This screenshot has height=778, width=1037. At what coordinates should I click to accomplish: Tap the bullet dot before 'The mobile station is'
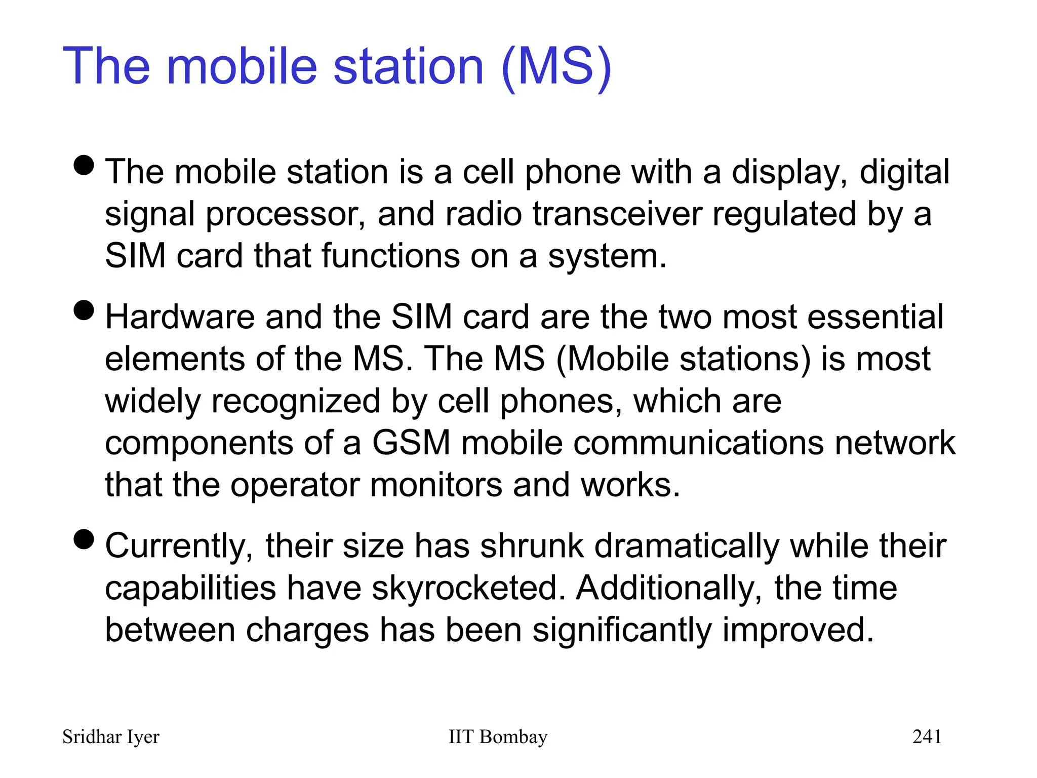pyautogui.click(x=84, y=165)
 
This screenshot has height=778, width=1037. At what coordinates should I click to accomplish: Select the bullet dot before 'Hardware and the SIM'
pyautogui.click(x=84, y=310)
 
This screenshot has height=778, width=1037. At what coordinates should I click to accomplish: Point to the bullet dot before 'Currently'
pyautogui.click(x=84, y=539)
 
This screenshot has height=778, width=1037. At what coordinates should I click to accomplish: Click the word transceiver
pyautogui.click(x=617, y=214)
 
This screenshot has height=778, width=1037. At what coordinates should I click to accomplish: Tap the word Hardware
pyautogui.click(x=180, y=318)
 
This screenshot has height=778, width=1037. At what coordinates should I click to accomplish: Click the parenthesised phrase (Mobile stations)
pyautogui.click(x=683, y=360)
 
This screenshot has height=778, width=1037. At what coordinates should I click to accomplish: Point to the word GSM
pyautogui.click(x=411, y=443)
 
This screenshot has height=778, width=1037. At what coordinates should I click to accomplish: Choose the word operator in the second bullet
pyautogui.click(x=295, y=486)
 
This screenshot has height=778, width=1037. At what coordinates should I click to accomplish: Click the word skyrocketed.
pyautogui.click(x=468, y=589)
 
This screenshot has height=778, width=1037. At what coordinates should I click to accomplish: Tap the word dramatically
pyautogui.click(x=687, y=547)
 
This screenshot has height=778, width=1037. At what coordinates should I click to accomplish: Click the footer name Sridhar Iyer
pyautogui.click(x=110, y=737)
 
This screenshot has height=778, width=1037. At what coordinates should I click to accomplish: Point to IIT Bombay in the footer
pyautogui.click(x=498, y=737)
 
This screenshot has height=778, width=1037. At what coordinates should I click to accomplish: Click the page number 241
pyautogui.click(x=927, y=737)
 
